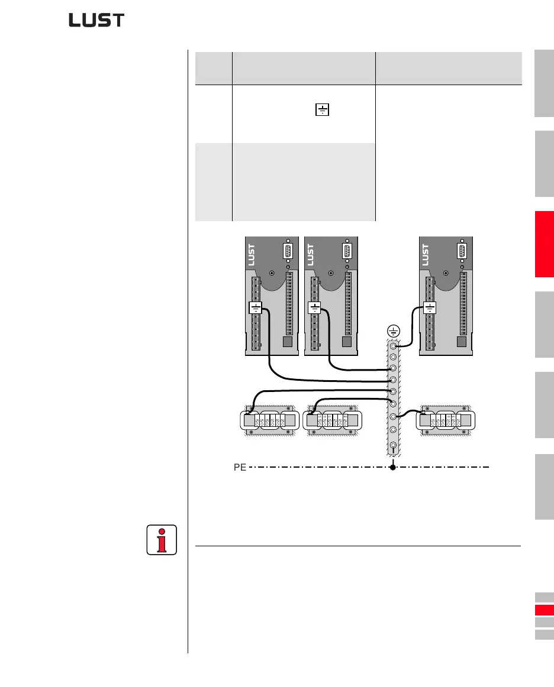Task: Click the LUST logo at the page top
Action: pos(96,21)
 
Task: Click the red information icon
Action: pos(161,539)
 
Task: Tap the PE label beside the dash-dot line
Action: pos(240,467)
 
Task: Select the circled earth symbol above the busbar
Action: pos(393,331)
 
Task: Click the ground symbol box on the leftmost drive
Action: pos(256,308)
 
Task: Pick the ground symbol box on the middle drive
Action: pos(315,308)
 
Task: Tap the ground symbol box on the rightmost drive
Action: pos(430,308)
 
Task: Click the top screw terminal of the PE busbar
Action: pos(393,345)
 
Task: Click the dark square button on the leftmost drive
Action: pos(288,342)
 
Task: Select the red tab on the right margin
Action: pos(544,244)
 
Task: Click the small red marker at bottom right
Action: pos(544,610)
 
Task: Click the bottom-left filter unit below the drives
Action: pos(268,421)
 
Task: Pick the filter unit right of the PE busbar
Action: pos(446,421)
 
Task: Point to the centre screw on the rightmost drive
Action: pos(445,274)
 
